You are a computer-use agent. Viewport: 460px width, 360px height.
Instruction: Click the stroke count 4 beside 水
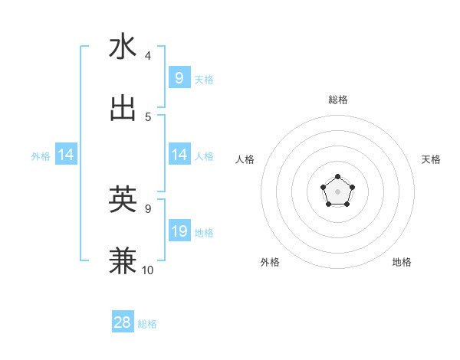click(x=148, y=56)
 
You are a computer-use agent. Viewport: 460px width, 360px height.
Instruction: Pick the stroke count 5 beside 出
click(x=148, y=116)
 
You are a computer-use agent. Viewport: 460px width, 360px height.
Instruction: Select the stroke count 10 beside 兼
click(x=147, y=270)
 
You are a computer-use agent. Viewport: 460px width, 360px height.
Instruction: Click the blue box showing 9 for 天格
click(x=179, y=77)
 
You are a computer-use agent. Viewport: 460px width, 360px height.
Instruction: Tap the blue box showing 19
click(x=179, y=231)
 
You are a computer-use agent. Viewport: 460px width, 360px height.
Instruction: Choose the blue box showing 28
click(x=123, y=322)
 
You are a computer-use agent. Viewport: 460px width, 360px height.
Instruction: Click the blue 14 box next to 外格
click(x=65, y=155)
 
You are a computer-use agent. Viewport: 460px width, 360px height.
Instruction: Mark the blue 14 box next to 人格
click(x=179, y=155)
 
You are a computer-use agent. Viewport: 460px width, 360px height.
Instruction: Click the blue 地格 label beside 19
click(x=204, y=233)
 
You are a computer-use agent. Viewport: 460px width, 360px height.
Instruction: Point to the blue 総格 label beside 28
click(x=147, y=324)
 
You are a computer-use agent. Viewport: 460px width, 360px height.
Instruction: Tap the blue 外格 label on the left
click(x=41, y=156)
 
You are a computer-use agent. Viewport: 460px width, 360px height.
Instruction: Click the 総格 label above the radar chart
click(x=338, y=100)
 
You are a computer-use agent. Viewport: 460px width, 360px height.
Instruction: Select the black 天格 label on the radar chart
click(x=431, y=159)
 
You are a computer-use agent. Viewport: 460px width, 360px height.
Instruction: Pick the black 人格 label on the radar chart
click(x=245, y=159)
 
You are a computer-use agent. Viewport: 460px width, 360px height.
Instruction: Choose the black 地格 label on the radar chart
click(x=402, y=262)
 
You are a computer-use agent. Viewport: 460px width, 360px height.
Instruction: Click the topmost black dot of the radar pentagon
click(x=338, y=177)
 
